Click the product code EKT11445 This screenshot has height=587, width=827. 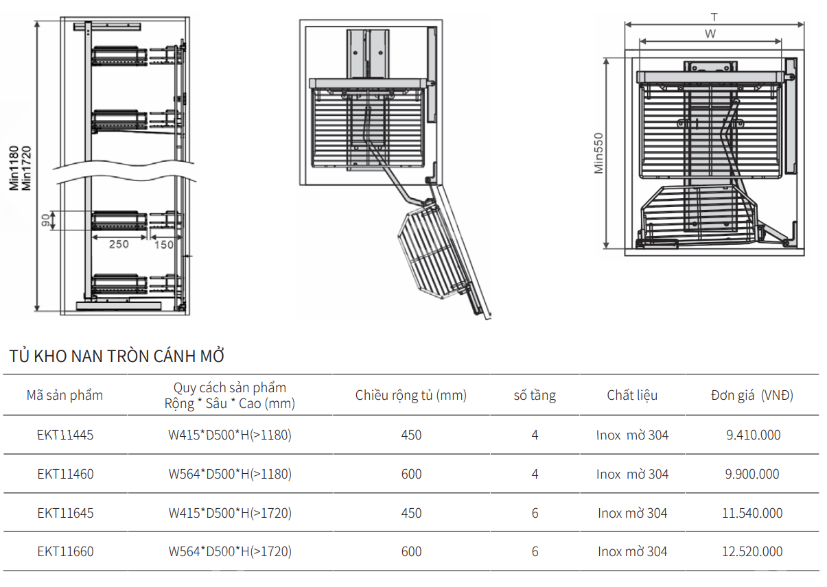tap(65, 435)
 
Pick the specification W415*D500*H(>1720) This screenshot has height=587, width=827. tap(230, 513)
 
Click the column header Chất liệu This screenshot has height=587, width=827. tap(632, 395)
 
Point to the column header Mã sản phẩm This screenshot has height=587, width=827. tap(65, 395)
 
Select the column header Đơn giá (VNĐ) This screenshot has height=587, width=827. tap(752, 395)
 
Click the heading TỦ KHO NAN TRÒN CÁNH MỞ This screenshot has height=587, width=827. tap(117, 357)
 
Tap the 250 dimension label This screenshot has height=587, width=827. tap(119, 245)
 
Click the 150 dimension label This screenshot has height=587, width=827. tap(163, 245)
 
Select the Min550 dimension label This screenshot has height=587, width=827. tap(598, 153)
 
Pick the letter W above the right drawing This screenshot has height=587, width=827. tap(710, 34)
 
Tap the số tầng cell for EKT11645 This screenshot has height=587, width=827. tap(535, 513)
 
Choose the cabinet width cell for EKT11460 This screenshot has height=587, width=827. tap(411, 474)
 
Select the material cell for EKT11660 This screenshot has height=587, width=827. tap(632, 551)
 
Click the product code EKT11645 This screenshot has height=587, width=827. tap(65, 513)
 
